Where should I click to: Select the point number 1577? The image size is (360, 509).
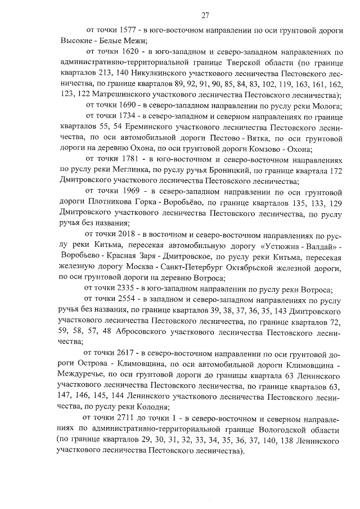tap(129, 29)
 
